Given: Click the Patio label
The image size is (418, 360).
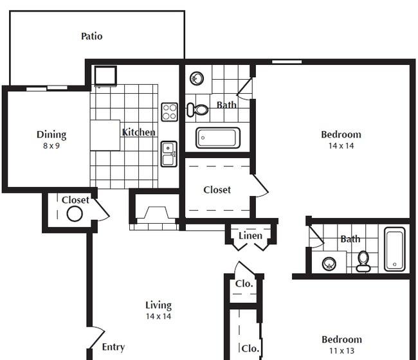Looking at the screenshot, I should point(91,36).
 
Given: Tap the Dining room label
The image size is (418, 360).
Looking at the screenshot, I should point(51,134).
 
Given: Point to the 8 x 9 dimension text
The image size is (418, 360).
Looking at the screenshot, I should point(51,146).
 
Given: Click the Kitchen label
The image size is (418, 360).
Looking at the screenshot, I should point(139,132).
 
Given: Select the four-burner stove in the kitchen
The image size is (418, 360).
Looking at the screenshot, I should point(169,112).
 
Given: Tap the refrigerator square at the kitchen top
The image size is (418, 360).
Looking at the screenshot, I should point(105,76).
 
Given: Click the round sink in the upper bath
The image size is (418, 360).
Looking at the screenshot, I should point(197,78).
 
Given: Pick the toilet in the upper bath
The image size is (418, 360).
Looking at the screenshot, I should point(197,110).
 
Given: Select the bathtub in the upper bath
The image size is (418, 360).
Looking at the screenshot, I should point(218,138).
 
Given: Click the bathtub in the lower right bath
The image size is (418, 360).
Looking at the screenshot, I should point(395,249).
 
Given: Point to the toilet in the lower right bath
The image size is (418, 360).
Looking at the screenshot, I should point(363,260).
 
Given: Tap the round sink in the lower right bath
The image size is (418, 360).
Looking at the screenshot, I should point(329,262).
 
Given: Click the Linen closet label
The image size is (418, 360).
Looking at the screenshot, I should point(250,236).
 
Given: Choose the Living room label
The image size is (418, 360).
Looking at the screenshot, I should point(158,305).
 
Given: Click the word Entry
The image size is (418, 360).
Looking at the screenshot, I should point(113,347).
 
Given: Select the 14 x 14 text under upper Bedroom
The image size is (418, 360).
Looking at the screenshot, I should point(341,146).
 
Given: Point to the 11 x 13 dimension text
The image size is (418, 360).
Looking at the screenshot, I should point(341,351).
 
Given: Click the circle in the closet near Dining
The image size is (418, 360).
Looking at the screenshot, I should point(75,213).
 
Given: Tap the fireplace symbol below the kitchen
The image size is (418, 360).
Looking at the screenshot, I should point(155,215).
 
